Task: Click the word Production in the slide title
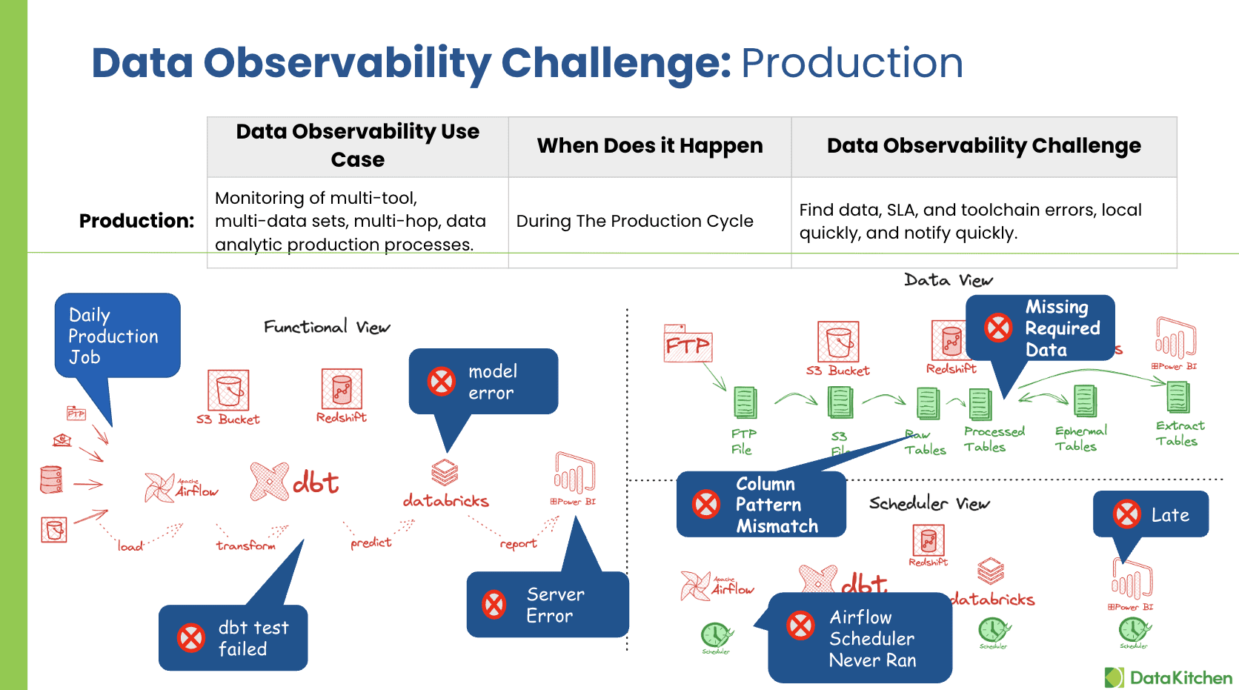pos(851,63)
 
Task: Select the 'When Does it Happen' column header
pos(649,146)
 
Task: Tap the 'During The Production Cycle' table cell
pos(634,221)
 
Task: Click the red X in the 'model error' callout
pos(442,382)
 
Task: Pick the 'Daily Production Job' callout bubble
pos(116,336)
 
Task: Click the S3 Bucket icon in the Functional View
pos(228,390)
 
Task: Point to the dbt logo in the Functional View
pos(295,482)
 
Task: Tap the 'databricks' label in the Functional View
pos(445,501)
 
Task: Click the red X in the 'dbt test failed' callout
pos(191,637)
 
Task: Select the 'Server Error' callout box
pos(547,604)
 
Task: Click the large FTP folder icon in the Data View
pos(687,344)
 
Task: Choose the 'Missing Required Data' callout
pos(1040,328)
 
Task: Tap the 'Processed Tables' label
pos(993,439)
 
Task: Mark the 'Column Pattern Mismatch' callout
pos(761,505)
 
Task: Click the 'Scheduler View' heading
pos(929,504)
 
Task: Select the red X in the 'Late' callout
pos(1127,514)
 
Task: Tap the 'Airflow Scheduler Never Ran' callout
pos(860,638)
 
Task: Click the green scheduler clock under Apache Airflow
pos(715,635)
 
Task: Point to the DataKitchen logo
pos(1168,677)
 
